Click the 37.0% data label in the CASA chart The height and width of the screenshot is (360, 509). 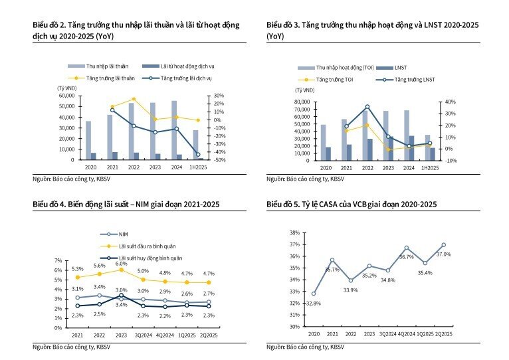443,254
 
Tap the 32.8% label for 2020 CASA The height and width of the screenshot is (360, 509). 314,304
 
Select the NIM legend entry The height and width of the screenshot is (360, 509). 114,234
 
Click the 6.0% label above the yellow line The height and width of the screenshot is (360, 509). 121,264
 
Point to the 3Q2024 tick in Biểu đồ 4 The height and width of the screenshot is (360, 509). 143,335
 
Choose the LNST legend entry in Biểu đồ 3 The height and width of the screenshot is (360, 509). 391,68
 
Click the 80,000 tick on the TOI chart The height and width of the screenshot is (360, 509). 302,102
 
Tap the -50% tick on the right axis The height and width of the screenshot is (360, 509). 219,160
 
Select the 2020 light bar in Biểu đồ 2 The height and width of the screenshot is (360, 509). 88,140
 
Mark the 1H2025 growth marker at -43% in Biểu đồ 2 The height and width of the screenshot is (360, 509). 198,155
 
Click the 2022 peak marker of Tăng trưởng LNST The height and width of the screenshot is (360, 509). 367,107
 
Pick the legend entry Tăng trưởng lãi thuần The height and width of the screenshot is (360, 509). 101,78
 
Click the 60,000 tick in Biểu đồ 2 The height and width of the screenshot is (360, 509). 66,96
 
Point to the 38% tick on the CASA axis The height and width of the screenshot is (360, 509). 294,232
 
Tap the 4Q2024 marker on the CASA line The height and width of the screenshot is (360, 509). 407,248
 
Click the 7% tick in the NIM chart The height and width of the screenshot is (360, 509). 58,260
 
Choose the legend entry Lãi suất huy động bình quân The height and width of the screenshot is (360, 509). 141,258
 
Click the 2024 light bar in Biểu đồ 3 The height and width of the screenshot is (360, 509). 407,135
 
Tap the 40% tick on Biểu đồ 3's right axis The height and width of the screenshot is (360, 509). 451,102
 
